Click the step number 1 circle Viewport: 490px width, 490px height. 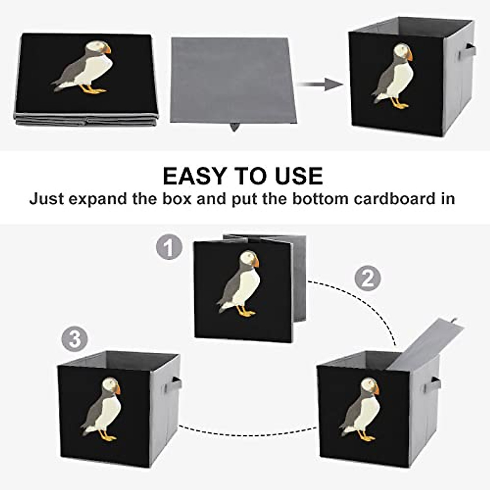[x=169, y=247]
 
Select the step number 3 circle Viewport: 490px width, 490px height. [x=75, y=339]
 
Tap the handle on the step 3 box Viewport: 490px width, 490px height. [x=176, y=384]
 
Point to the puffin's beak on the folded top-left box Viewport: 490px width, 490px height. [x=107, y=50]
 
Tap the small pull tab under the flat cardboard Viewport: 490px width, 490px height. [x=234, y=127]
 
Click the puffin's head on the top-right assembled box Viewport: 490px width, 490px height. [x=401, y=51]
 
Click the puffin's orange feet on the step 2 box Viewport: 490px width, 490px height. [x=367, y=438]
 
